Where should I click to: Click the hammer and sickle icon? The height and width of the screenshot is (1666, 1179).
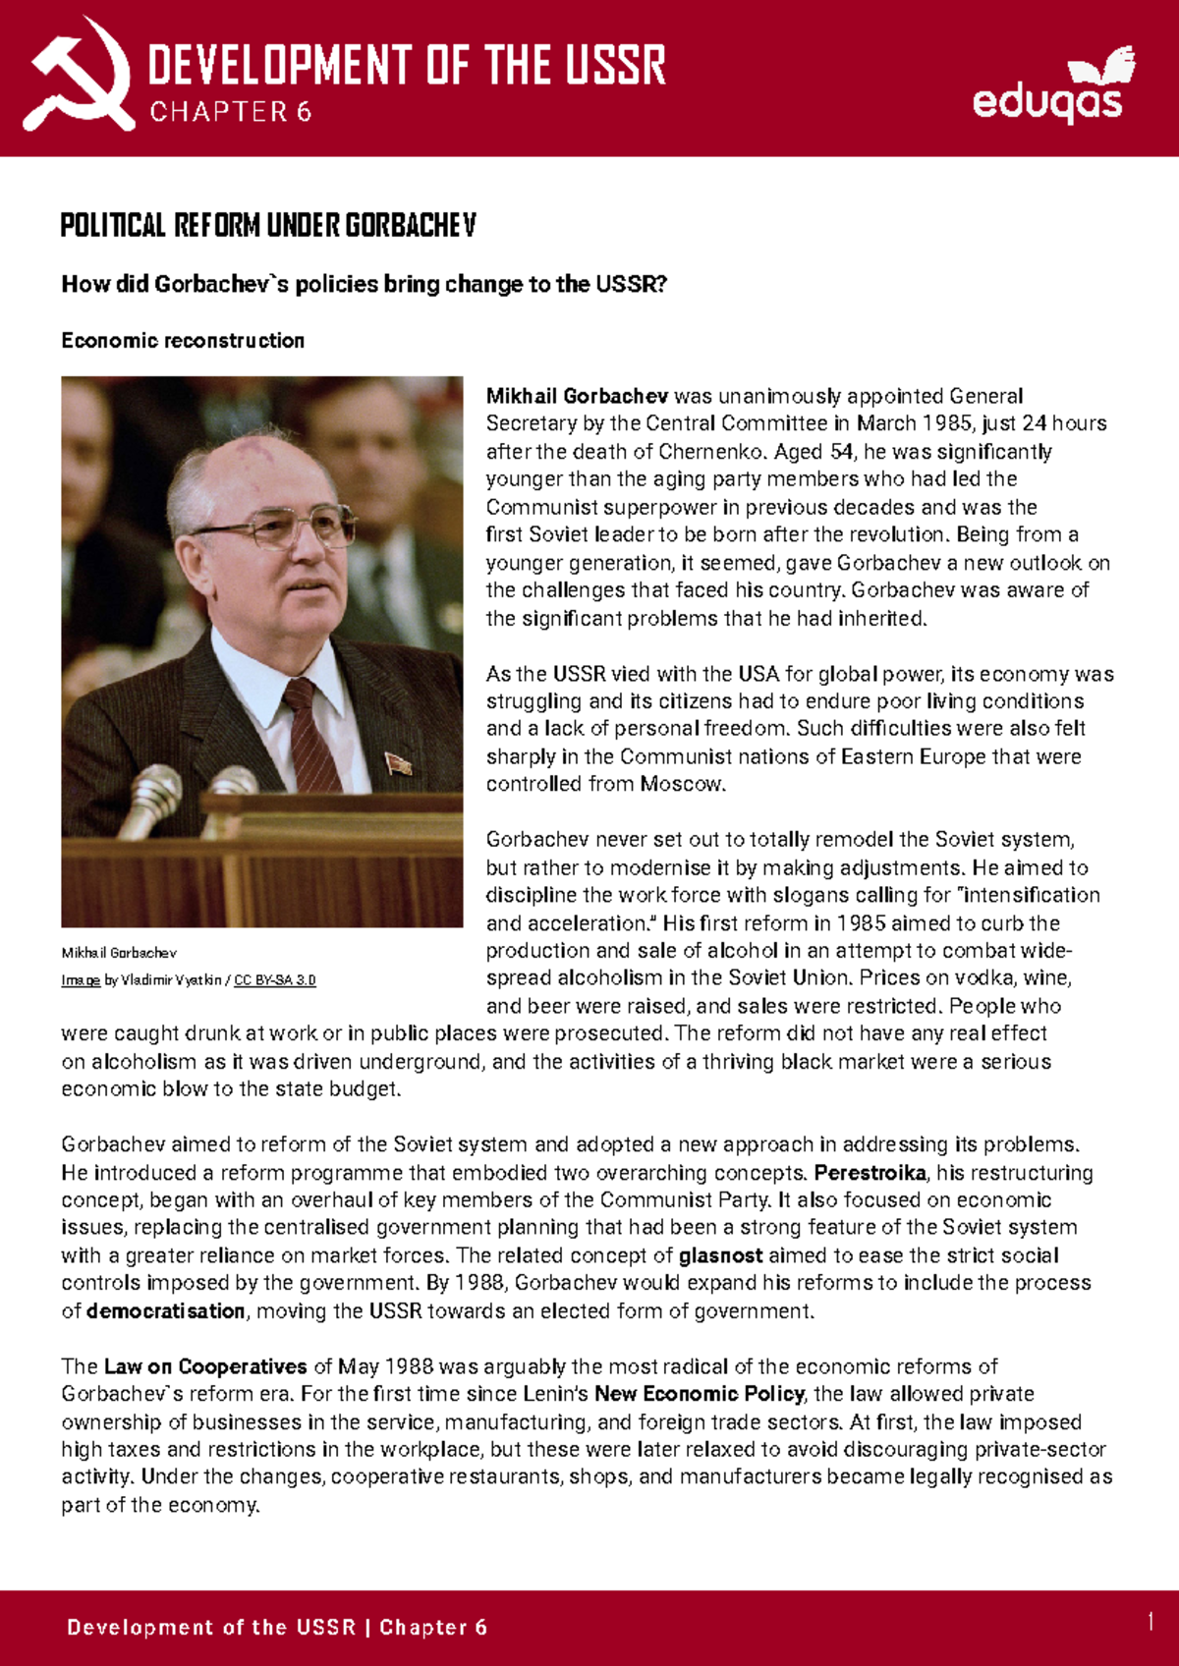(79, 77)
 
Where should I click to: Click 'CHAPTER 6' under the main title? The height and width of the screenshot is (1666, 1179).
(230, 112)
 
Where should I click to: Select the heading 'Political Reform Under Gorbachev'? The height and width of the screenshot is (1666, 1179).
(267, 226)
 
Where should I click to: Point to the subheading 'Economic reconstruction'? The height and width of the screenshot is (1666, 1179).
(183, 341)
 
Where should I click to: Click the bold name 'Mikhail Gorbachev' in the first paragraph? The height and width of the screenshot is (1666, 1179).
(577, 396)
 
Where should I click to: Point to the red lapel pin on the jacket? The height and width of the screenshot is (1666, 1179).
(398, 763)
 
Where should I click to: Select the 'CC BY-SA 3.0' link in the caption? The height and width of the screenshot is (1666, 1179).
(274, 980)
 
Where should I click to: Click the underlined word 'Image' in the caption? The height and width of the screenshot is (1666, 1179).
(81, 980)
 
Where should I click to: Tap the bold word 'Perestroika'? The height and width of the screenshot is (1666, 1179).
(870, 1173)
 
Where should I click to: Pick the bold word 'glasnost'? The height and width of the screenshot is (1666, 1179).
(720, 1255)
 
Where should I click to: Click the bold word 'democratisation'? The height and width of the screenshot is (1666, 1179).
(165, 1311)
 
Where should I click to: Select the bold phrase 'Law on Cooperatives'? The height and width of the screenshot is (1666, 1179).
(205, 1366)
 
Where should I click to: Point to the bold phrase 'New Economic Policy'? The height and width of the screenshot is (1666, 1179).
(699, 1394)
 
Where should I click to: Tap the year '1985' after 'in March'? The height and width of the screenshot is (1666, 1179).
(945, 423)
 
